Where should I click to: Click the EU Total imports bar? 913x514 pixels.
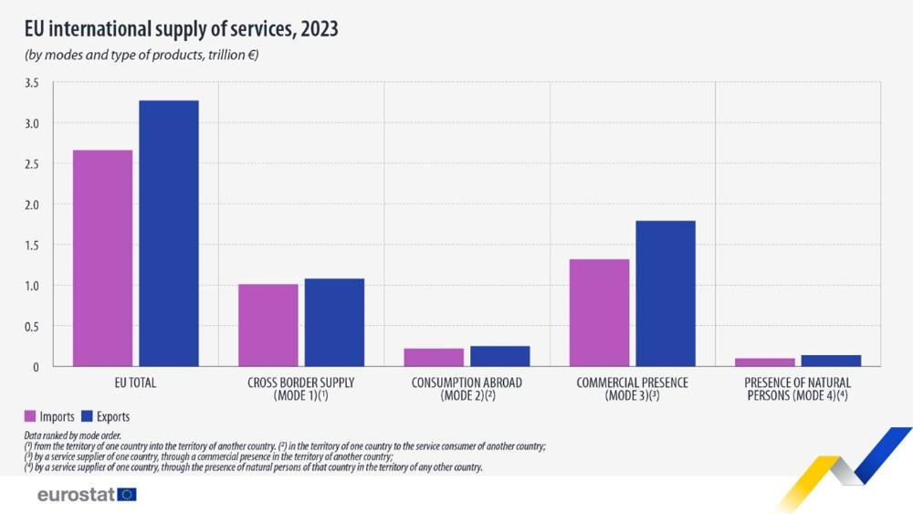(102, 258)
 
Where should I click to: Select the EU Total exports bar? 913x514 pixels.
(169, 234)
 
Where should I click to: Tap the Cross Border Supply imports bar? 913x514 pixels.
(268, 325)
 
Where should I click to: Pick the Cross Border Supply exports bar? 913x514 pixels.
(334, 322)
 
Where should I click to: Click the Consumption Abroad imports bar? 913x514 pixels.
(434, 357)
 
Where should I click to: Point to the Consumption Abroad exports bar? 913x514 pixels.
(499, 356)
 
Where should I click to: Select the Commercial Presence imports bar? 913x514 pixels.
(599, 313)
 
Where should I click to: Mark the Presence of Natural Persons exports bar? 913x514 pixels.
(831, 361)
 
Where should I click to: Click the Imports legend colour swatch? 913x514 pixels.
(29, 416)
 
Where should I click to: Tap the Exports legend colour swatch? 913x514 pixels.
(89, 416)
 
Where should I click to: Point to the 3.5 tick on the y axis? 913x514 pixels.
(32, 83)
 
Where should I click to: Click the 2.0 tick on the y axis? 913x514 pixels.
(32, 205)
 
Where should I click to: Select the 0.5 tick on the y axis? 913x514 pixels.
(32, 326)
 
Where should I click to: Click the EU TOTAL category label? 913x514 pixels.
(136, 383)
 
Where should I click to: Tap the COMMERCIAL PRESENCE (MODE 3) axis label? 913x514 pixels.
(632, 389)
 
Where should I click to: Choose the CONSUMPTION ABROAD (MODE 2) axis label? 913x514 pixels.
(467, 389)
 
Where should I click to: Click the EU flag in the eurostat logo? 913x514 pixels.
(127, 494)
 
